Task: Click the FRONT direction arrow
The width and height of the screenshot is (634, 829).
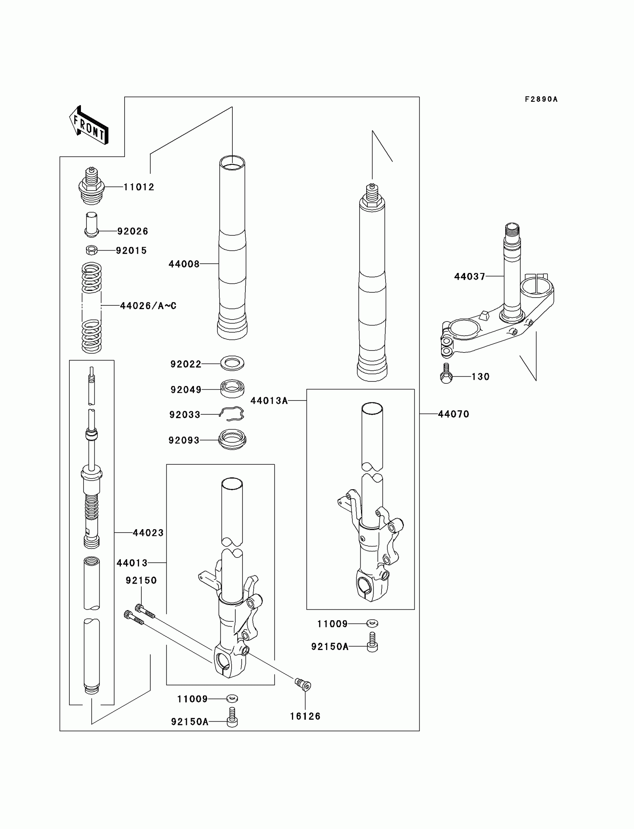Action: point(89,125)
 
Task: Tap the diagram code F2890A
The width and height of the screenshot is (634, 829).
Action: point(541,99)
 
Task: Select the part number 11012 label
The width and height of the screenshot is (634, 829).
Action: point(139,187)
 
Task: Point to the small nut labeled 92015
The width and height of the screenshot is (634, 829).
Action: point(92,250)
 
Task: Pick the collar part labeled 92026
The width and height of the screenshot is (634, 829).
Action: point(92,224)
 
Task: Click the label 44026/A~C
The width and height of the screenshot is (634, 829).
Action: point(148,306)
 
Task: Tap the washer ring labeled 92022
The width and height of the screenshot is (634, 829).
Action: point(232,363)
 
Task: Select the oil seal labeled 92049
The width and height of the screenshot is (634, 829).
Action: point(232,388)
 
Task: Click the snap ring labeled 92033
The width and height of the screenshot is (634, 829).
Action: point(232,414)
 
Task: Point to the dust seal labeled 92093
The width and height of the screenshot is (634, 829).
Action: point(232,439)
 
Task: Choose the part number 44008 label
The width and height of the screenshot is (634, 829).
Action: point(184,264)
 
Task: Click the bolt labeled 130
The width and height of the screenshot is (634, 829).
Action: point(446,374)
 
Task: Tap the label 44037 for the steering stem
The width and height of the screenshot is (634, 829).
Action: point(470,277)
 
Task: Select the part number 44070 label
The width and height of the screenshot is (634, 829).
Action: point(453,414)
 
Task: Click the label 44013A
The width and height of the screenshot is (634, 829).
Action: point(269,401)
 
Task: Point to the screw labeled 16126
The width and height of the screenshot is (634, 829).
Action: point(303,684)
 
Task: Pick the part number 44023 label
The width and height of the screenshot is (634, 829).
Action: point(148,533)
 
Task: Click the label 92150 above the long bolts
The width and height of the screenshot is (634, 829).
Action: point(141,580)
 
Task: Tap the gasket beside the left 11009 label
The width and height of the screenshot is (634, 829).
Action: point(232,698)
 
